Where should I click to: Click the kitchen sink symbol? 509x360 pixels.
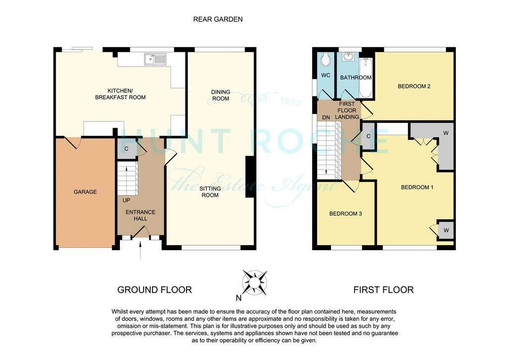click(155, 59)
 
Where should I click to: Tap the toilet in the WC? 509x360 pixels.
click(325, 59)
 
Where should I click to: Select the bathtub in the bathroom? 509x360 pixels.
click(366, 78)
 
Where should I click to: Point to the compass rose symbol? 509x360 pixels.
click(255, 283)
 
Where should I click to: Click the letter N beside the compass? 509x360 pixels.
click(239, 298)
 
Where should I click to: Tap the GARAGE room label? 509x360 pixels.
click(85, 192)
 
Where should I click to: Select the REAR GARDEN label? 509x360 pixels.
click(218, 19)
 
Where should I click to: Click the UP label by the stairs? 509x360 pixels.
click(126, 200)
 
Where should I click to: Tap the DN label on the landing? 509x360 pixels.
click(326, 117)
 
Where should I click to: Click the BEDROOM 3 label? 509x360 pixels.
click(345, 214)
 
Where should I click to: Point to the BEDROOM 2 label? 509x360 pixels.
click(414, 87)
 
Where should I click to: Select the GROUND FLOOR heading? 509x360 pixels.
click(155, 289)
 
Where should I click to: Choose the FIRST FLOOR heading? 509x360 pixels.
click(383, 289)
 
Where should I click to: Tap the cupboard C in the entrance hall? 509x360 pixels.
click(127, 149)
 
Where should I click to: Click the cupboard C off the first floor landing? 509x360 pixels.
click(368, 136)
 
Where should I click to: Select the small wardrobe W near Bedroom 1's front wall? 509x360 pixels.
click(446, 231)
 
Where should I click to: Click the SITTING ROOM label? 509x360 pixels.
click(210, 192)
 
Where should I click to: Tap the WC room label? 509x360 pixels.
click(326, 75)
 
